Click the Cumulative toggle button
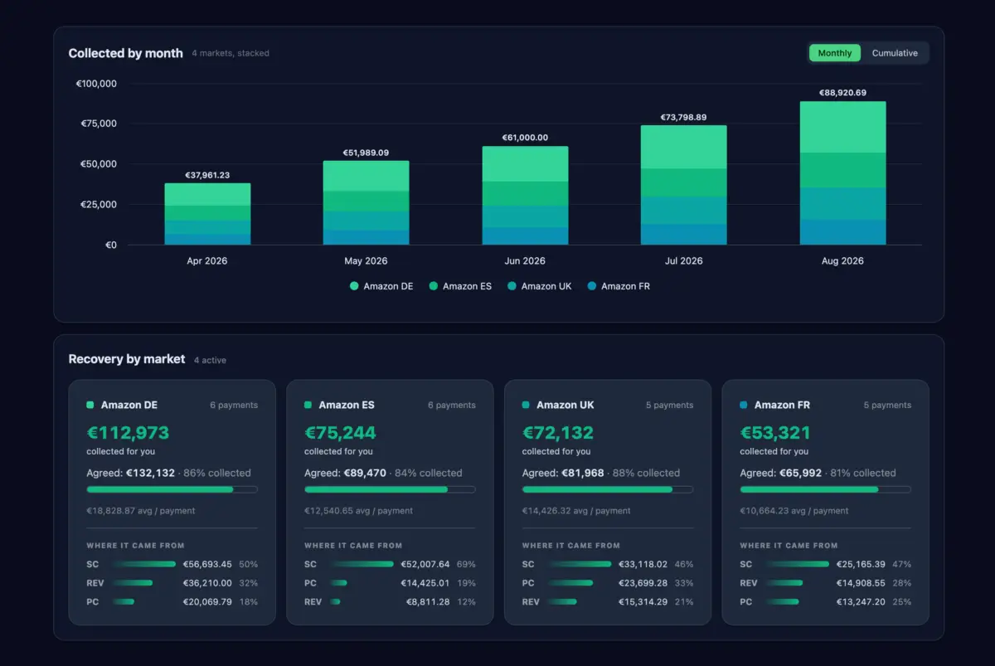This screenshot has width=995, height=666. point(894,53)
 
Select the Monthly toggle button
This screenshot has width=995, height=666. point(835,53)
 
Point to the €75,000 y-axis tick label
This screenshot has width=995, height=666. point(99,124)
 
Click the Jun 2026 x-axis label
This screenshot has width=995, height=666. point(525,260)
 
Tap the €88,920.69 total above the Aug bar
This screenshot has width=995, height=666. point(842,92)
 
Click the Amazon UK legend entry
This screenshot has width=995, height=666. point(539,286)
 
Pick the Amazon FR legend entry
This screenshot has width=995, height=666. point(619,286)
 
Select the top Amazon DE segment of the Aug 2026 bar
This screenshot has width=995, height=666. point(842,127)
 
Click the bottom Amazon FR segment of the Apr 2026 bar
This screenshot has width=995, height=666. point(207,239)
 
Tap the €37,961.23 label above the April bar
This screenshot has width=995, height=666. point(207,175)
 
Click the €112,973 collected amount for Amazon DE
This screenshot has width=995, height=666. point(128,433)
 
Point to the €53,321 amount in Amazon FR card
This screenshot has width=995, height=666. point(775,433)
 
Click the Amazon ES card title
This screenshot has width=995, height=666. point(347,405)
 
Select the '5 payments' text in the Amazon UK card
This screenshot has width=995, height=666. point(669,405)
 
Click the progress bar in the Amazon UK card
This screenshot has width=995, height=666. point(608,489)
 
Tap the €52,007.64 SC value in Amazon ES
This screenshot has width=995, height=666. point(425,564)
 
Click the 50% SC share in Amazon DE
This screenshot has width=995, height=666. point(248,564)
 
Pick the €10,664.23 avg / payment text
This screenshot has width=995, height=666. point(794,511)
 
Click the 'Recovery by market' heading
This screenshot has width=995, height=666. point(127,359)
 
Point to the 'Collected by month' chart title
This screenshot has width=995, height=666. point(126,53)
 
